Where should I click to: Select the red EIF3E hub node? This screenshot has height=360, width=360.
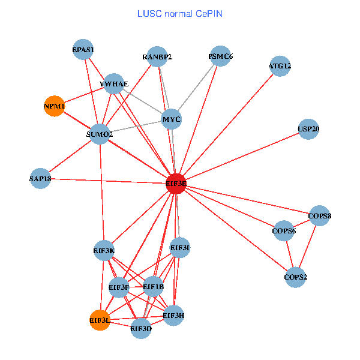pos(176,184)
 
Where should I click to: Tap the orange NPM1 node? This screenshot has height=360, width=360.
pos(54,106)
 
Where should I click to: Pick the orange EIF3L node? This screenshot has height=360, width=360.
pos(100,320)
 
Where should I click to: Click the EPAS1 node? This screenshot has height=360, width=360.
pos(83,50)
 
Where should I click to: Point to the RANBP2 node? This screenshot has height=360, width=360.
pos(157,58)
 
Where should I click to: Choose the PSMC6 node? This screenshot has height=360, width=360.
pos(220,57)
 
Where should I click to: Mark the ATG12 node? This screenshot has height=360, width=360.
pos(280,66)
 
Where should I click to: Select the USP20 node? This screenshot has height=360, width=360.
pos(308,129)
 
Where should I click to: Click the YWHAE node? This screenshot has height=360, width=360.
pos(114,84)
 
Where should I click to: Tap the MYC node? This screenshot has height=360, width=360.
pos(172,119)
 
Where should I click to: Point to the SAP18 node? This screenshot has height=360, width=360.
pos(40,178)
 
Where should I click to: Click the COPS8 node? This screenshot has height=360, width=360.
pos(320,215)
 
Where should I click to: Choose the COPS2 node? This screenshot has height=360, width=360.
pos(295,277)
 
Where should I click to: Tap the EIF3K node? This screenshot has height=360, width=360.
pos(104,250)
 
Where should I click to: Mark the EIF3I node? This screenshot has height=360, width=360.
pos(180,247)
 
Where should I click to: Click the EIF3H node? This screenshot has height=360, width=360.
pos(174,315)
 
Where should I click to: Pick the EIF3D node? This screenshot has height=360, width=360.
pos(141,328)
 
